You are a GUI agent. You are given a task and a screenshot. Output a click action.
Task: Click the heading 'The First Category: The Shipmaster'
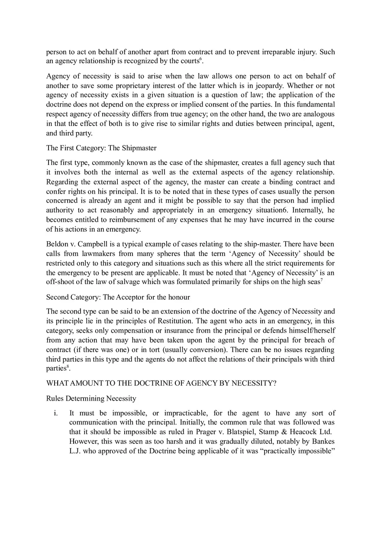tap(101, 148)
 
